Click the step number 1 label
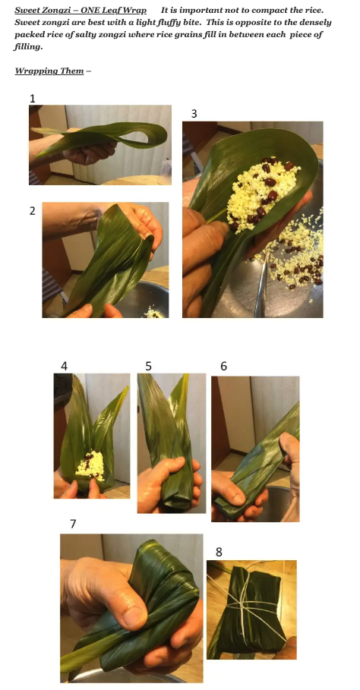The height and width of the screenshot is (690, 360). point(32,99)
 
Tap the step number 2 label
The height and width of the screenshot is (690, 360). point(32,211)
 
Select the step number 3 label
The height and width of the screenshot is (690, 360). point(194,114)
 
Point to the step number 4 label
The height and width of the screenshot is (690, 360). point(65,366)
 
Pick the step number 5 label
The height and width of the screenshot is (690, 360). point(148,366)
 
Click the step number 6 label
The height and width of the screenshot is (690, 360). point(223,366)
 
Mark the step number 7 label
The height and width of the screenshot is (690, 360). point(73,524)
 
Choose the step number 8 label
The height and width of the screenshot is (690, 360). point(219,552)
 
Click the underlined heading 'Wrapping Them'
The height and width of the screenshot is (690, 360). point(49,71)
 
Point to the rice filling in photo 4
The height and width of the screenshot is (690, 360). point(90,465)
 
